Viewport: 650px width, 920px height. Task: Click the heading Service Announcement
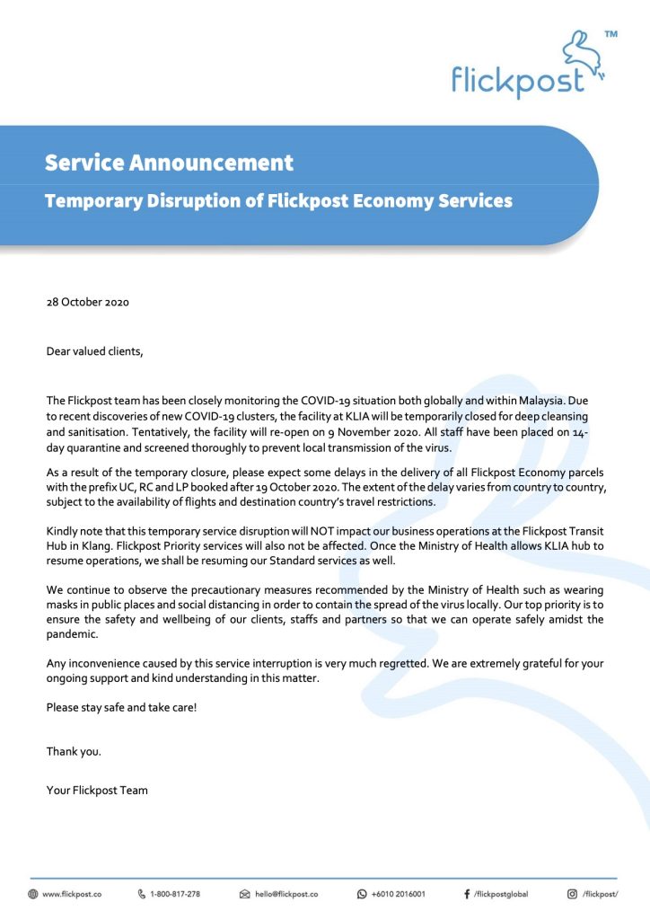(x=169, y=163)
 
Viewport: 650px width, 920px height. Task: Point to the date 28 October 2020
(x=88, y=302)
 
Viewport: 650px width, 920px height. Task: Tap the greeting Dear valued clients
(x=95, y=351)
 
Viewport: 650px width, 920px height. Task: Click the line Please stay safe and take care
(x=121, y=707)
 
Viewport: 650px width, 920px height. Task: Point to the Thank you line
(x=74, y=751)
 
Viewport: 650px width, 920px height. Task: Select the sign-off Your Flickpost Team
(x=97, y=791)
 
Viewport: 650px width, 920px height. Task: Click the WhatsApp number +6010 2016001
(x=398, y=895)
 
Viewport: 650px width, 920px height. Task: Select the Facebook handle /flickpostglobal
(x=501, y=895)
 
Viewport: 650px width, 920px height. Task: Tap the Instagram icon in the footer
(x=572, y=895)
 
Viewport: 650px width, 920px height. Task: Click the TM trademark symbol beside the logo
(x=611, y=34)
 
